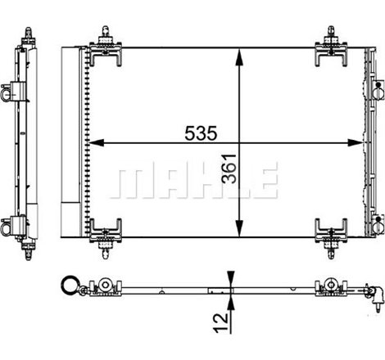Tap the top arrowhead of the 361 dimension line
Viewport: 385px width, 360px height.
point(238,52)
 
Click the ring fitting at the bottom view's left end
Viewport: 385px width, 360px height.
point(67,286)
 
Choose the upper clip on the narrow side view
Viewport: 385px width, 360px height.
point(12,91)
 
